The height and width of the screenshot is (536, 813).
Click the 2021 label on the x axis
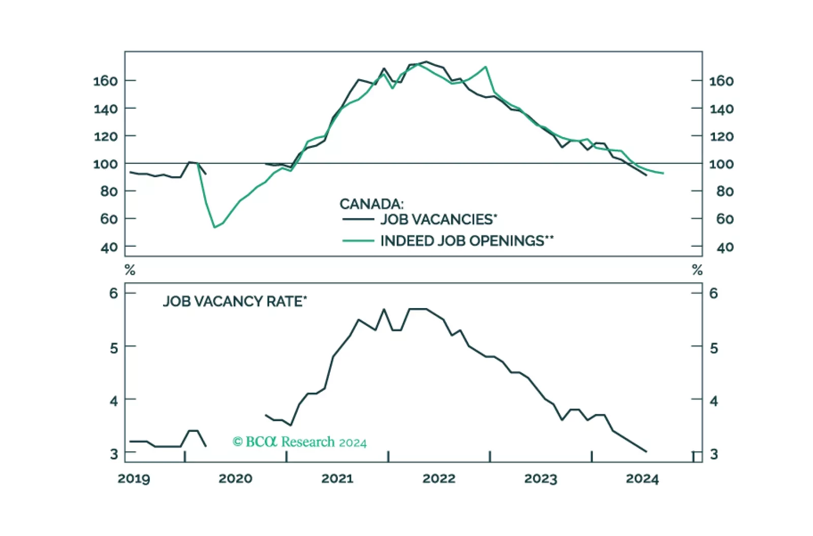337,479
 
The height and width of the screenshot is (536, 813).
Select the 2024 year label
642,479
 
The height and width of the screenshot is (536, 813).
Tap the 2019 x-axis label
134,479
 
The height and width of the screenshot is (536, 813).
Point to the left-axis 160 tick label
105,81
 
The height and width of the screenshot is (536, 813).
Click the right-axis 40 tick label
725,247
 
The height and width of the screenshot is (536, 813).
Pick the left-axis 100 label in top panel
105,164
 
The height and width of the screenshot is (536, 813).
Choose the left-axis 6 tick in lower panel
113,293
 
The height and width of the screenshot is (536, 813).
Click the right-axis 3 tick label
714,454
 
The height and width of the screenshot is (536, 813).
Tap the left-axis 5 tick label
113,348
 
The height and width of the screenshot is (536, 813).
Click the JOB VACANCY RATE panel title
235,301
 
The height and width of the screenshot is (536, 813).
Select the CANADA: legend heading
371,204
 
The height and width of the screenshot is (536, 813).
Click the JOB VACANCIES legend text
439,219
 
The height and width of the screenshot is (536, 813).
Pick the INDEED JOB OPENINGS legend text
466,241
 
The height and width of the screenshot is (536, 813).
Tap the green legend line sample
358,241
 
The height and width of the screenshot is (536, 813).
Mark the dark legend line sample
358,219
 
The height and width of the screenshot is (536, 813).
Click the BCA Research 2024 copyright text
299,442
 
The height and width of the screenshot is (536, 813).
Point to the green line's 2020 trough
214,227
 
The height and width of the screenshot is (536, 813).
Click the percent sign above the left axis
130,270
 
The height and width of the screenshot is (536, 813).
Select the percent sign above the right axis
697,270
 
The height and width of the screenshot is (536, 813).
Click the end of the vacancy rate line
646,451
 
